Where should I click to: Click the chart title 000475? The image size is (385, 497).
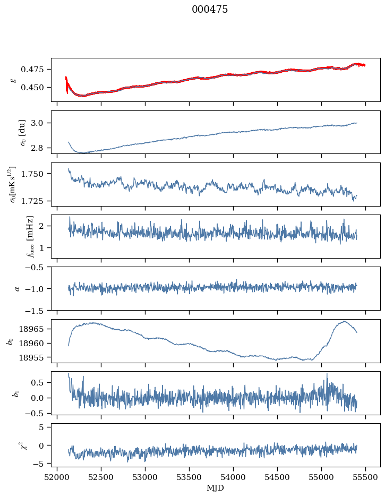point(210,10)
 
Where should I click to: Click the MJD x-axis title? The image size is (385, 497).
point(216,488)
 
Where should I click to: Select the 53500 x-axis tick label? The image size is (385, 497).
point(189,477)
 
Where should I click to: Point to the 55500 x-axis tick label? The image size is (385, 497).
point(365,477)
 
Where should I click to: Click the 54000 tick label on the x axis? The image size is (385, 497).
point(233,477)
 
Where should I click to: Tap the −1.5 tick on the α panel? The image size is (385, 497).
point(38,310)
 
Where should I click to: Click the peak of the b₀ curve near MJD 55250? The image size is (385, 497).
point(344,321)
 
